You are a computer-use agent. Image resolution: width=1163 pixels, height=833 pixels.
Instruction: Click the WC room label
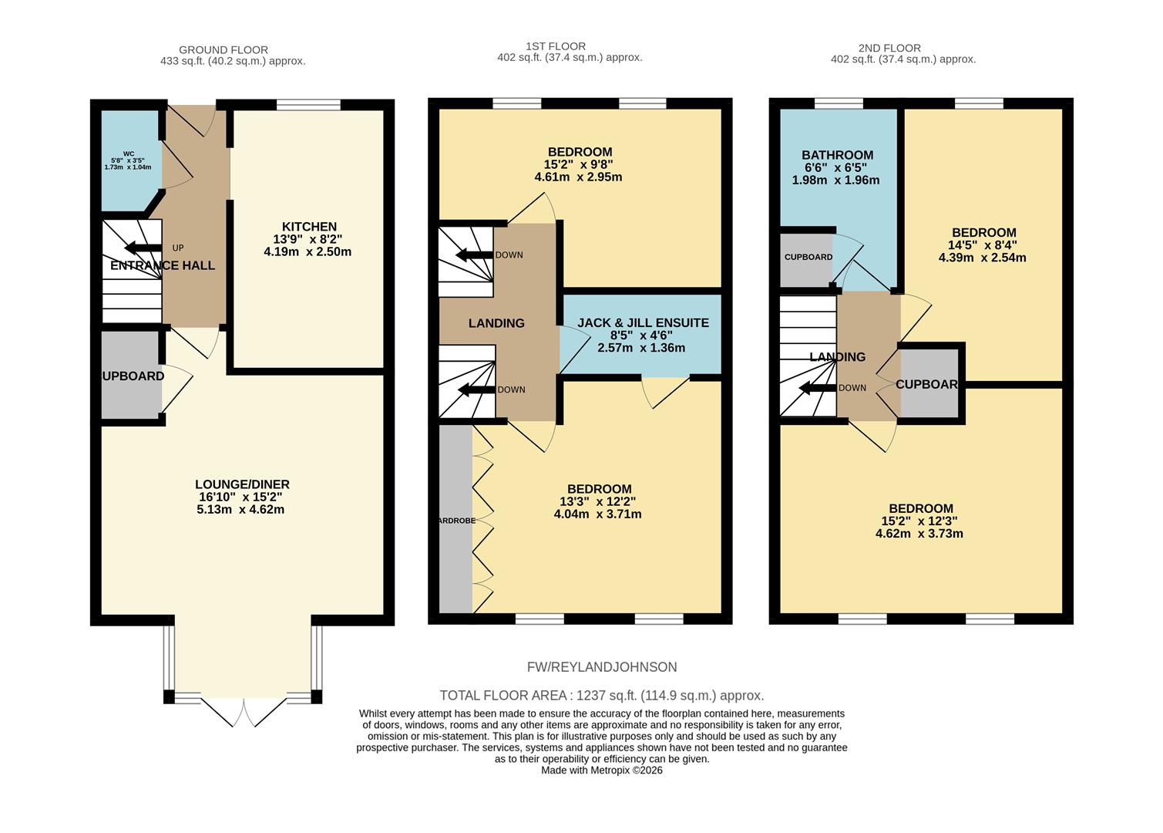(x=128, y=153)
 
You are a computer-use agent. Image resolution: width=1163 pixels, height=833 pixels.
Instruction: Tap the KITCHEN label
(x=309, y=227)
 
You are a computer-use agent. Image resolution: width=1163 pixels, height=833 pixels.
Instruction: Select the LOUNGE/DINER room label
(x=242, y=484)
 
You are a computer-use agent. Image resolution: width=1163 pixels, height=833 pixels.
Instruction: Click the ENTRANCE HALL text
(x=163, y=265)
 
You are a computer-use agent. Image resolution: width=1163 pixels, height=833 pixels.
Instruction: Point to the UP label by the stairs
(x=178, y=248)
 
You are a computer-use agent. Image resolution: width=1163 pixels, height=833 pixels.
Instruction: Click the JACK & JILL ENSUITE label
(x=643, y=323)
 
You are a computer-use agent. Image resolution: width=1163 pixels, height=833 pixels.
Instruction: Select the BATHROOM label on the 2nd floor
(x=837, y=155)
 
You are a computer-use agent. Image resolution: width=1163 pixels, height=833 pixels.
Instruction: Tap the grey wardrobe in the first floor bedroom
(x=455, y=520)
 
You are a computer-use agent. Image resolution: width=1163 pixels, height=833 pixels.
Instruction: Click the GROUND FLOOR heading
(x=224, y=50)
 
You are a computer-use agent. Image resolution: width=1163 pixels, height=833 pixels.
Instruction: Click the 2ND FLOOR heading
(x=889, y=48)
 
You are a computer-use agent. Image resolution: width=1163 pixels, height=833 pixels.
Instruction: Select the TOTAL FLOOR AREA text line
(x=601, y=696)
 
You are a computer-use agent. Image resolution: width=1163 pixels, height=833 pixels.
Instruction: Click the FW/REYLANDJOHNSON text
(x=602, y=667)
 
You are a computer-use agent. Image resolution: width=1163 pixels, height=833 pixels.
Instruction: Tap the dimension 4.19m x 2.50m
(x=308, y=251)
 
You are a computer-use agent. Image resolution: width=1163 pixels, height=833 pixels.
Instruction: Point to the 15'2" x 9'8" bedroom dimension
(x=579, y=164)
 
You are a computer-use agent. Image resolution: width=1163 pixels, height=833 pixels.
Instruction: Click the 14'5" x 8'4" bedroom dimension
(x=983, y=245)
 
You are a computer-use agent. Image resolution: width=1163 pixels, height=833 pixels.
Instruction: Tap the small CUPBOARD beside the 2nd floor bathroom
(x=808, y=257)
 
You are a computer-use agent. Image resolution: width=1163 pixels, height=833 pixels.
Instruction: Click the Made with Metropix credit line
(x=601, y=770)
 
